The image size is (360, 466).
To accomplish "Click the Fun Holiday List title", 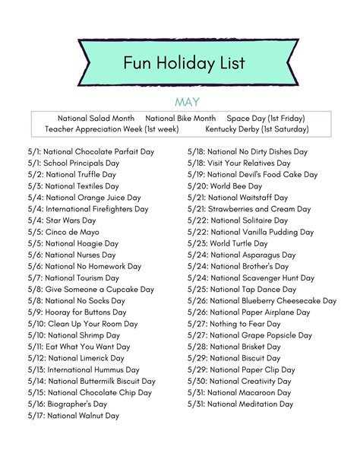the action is tap(185, 62).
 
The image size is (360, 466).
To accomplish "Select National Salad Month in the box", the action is tap(96, 119).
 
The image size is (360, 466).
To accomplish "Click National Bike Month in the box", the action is tap(181, 119).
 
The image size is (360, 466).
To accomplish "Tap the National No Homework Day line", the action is tap(84, 267).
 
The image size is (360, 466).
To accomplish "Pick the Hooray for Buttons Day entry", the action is tap(77, 312).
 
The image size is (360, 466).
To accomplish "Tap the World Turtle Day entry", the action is tap(228, 243).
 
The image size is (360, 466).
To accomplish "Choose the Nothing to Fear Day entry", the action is tap(235, 324).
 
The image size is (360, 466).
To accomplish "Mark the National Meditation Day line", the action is tap(241, 404).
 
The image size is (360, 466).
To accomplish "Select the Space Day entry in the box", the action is tap(266, 119).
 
